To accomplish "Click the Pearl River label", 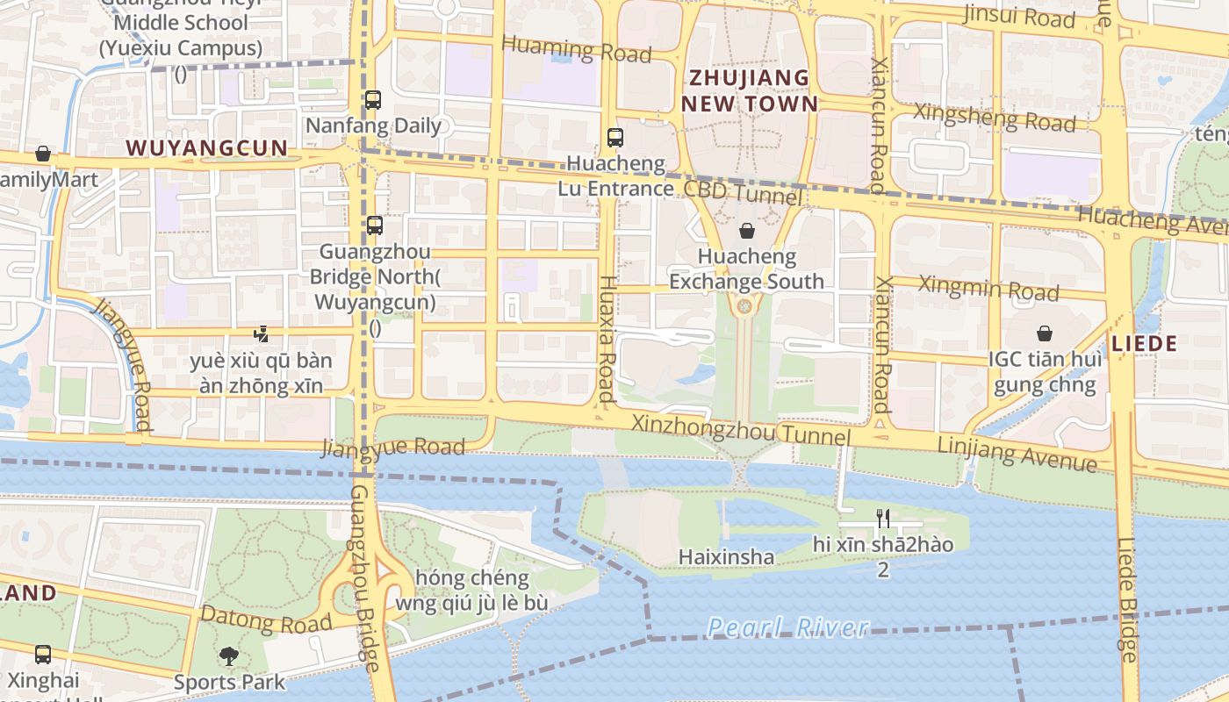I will [787, 627].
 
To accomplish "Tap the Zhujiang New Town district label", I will [749, 90].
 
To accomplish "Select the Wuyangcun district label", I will [207, 147].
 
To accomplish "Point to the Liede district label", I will [1144, 343].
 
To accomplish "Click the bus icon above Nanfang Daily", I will [373, 99].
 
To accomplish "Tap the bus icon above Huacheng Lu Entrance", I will [614, 137].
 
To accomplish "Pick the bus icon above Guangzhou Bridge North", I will [375, 226].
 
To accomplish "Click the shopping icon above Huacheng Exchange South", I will [746, 231].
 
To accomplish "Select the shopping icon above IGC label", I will [1045, 333].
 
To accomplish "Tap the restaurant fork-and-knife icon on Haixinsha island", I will [883, 518].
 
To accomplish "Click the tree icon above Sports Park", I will [228, 655].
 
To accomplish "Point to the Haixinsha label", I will [726, 557].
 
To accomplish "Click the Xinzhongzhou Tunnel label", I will [741, 431].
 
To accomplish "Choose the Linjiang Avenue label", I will [1017, 453].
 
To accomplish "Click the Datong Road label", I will [266, 620].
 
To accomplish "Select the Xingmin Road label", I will [988, 287].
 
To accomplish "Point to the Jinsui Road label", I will [1018, 16].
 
